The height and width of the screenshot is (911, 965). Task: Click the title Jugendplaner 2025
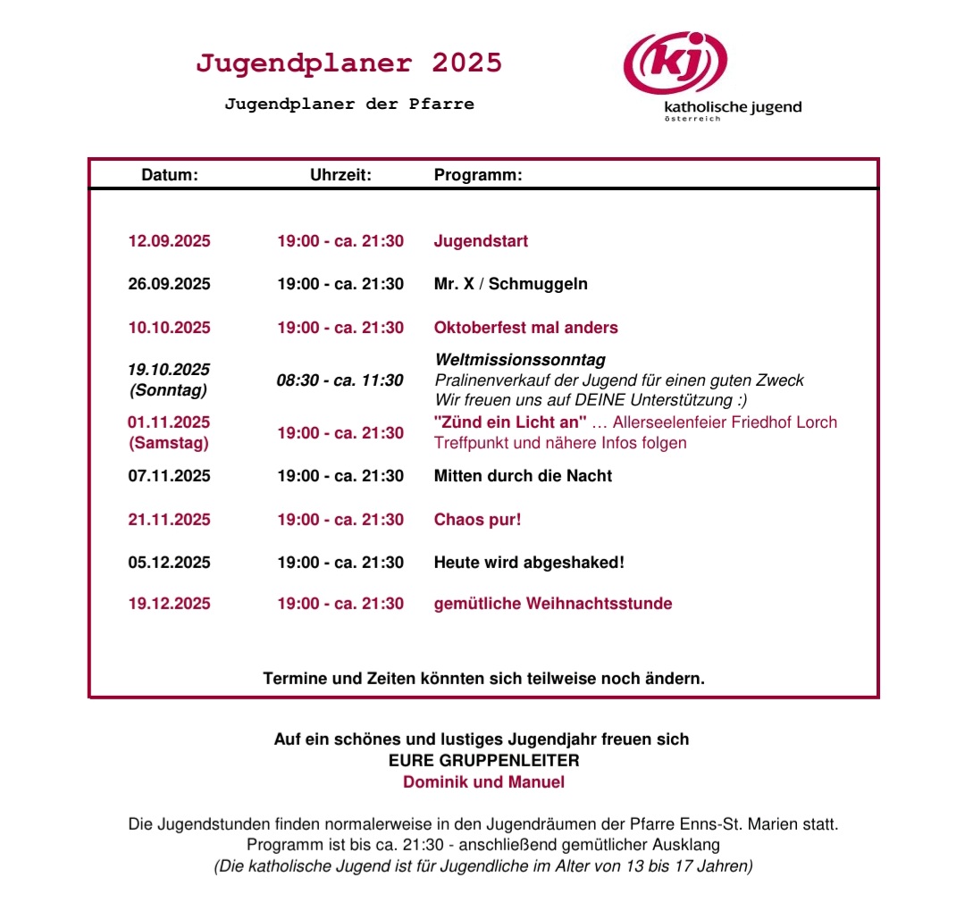[x=348, y=63]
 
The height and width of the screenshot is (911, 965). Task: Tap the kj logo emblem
[x=675, y=63]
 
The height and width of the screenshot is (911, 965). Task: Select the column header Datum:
[x=170, y=175]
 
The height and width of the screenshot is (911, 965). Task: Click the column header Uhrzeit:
[x=340, y=175]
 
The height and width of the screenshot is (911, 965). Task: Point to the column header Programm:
[x=478, y=175]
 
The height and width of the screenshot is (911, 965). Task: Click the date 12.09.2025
[x=170, y=241]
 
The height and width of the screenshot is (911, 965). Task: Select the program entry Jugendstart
[x=481, y=241]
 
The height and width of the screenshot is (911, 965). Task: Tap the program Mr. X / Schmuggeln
[x=510, y=284]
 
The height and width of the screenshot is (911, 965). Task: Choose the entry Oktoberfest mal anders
[x=525, y=328]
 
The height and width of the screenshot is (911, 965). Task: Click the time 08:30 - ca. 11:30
[x=340, y=380]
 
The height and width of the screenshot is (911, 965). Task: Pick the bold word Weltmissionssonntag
[x=519, y=360]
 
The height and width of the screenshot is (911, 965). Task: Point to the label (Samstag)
[x=169, y=443]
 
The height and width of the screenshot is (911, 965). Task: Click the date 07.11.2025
[x=170, y=476]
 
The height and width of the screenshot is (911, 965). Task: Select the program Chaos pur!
[x=477, y=520]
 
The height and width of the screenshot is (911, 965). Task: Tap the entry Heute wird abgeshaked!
[x=529, y=563]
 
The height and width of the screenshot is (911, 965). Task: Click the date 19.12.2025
[x=170, y=604]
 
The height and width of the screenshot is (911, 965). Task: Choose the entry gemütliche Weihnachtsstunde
[x=552, y=604]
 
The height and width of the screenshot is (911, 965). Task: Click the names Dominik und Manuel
[x=483, y=782]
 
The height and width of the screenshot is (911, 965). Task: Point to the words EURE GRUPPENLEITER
[x=483, y=761]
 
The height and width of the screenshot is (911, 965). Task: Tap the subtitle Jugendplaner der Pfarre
[x=348, y=104]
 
